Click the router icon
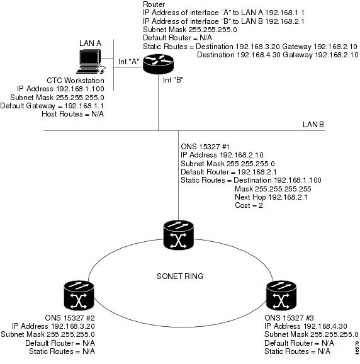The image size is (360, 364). point(158,64)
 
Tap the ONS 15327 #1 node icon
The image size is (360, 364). point(178,235)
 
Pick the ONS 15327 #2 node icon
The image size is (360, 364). point(79,295)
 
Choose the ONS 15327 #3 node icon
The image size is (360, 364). point(281,295)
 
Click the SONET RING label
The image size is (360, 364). point(180,276)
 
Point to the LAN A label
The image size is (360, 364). point(90,43)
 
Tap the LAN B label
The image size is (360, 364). point(313,125)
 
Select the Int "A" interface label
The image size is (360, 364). point(129,62)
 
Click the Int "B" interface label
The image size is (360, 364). point(173,80)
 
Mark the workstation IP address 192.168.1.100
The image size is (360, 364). point(81,89)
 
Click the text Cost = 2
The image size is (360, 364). point(249,205)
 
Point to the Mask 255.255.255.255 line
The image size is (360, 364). point(273,189)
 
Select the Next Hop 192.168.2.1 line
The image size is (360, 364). point(271,197)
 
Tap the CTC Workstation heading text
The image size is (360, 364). point(76,81)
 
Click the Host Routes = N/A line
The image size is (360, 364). point(72,114)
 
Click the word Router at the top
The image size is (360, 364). point(154,4)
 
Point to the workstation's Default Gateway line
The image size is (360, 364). point(52,106)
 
